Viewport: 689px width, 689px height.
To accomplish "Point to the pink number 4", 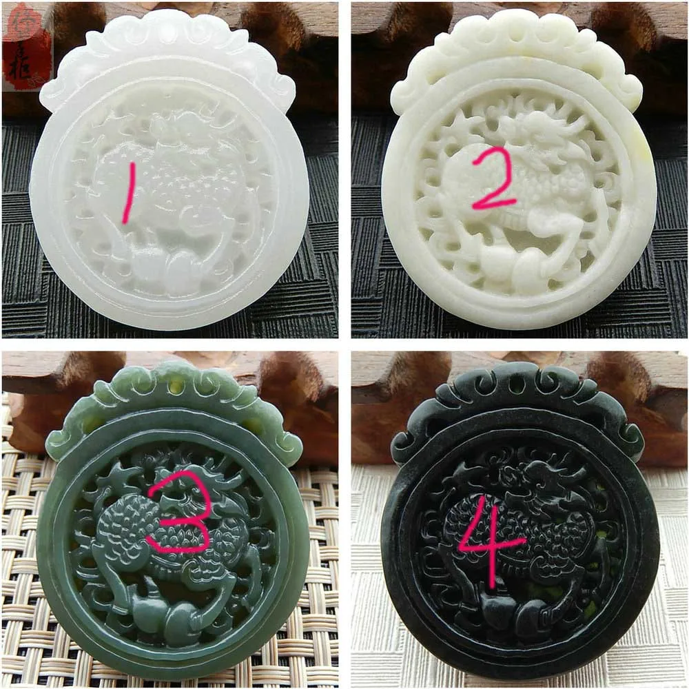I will [491, 544].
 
